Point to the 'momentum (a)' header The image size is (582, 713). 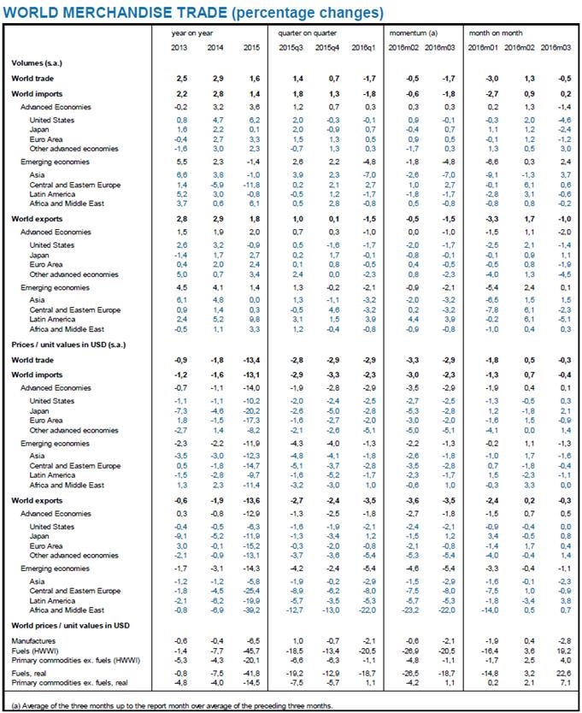pyautogui.click(x=409, y=32)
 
